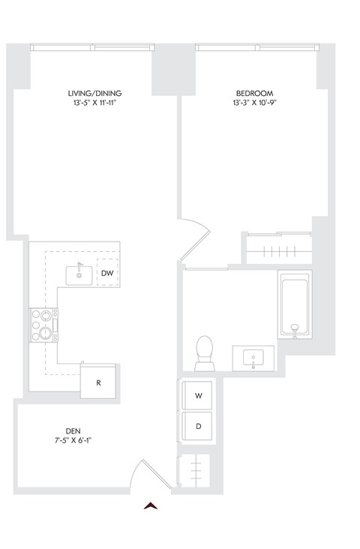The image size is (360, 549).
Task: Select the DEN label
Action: pyautogui.click(x=73, y=430)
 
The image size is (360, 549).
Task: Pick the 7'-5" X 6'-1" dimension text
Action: pyautogui.click(x=73, y=440)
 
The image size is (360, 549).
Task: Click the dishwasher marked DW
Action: pyautogui.click(x=106, y=274)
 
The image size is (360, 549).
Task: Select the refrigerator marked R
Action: pyautogui.click(x=98, y=382)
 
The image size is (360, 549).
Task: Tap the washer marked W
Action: pyautogui.click(x=198, y=394)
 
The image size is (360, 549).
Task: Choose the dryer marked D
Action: pyautogui.click(x=198, y=424)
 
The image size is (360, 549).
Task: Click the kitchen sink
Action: pyautogui.click(x=79, y=274)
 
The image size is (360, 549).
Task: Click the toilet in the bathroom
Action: pyautogui.click(x=204, y=352)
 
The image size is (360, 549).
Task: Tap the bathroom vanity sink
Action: pyautogui.click(x=254, y=358)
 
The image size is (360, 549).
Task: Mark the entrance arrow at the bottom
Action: pyautogui.click(x=152, y=506)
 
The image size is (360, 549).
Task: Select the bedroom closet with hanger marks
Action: pyautogui.click(x=276, y=248)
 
